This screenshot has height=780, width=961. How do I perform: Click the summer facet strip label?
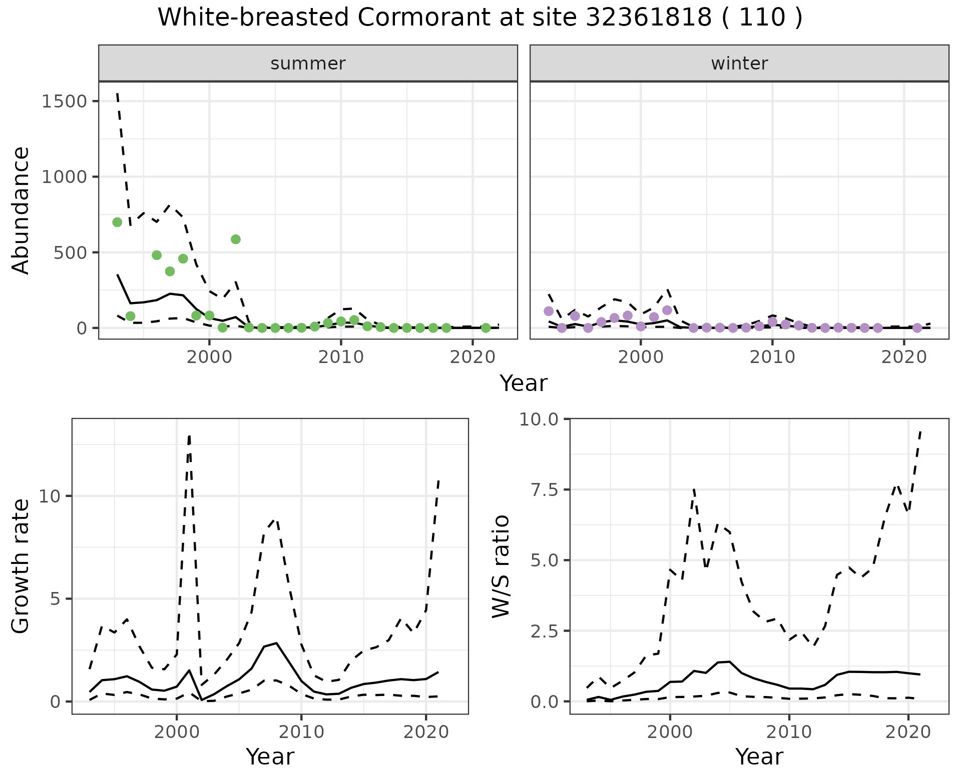click(x=308, y=63)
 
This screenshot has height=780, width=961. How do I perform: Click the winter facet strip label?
click(x=739, y=63)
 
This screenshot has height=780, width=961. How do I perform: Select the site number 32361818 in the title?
click(x=648, y=17)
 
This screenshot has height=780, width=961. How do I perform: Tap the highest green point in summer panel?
click(x=117, y=222)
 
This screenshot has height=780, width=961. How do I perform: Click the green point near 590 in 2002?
click(x=236, y=239)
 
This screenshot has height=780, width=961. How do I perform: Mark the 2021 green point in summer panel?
click(x=486, y=328)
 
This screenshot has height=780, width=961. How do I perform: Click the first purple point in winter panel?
click(x=549, y=311)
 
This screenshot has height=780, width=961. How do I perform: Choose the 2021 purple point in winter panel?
click(x=917, y=328)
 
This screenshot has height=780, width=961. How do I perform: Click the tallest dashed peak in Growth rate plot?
click(x=189, y=436)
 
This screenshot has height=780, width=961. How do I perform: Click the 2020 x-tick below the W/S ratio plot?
click(x=908, y=732)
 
